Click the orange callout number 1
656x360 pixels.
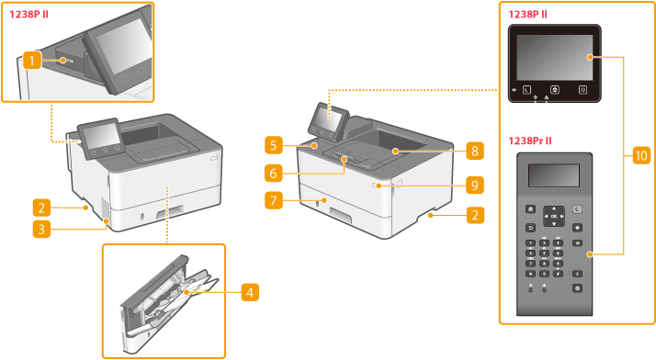click(32, 61)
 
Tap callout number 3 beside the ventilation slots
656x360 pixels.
click(42, 229)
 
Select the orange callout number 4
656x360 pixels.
click(250, 292)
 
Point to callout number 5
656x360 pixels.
click(274, 145)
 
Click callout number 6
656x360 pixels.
click(274, 173)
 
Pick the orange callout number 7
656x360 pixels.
click(274, 201)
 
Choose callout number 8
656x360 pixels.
click(475, 151)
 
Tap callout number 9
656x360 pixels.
click(475, 185)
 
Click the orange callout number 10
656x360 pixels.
click(641, 155)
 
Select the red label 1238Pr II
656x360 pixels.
click(530, 141)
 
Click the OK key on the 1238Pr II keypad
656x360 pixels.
click(554, 216)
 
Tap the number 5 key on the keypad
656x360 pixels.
click(544, 253)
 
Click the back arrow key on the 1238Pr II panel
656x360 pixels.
click(530, 228)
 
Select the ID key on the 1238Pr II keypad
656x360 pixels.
click(577, 243)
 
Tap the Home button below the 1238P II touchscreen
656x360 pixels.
click(555, 90)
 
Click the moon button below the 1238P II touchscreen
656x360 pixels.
click(526, 90)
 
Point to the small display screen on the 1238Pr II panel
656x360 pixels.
click(554, 175)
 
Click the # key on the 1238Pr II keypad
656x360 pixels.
click(558, 274)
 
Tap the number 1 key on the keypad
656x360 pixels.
click(530, 243)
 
